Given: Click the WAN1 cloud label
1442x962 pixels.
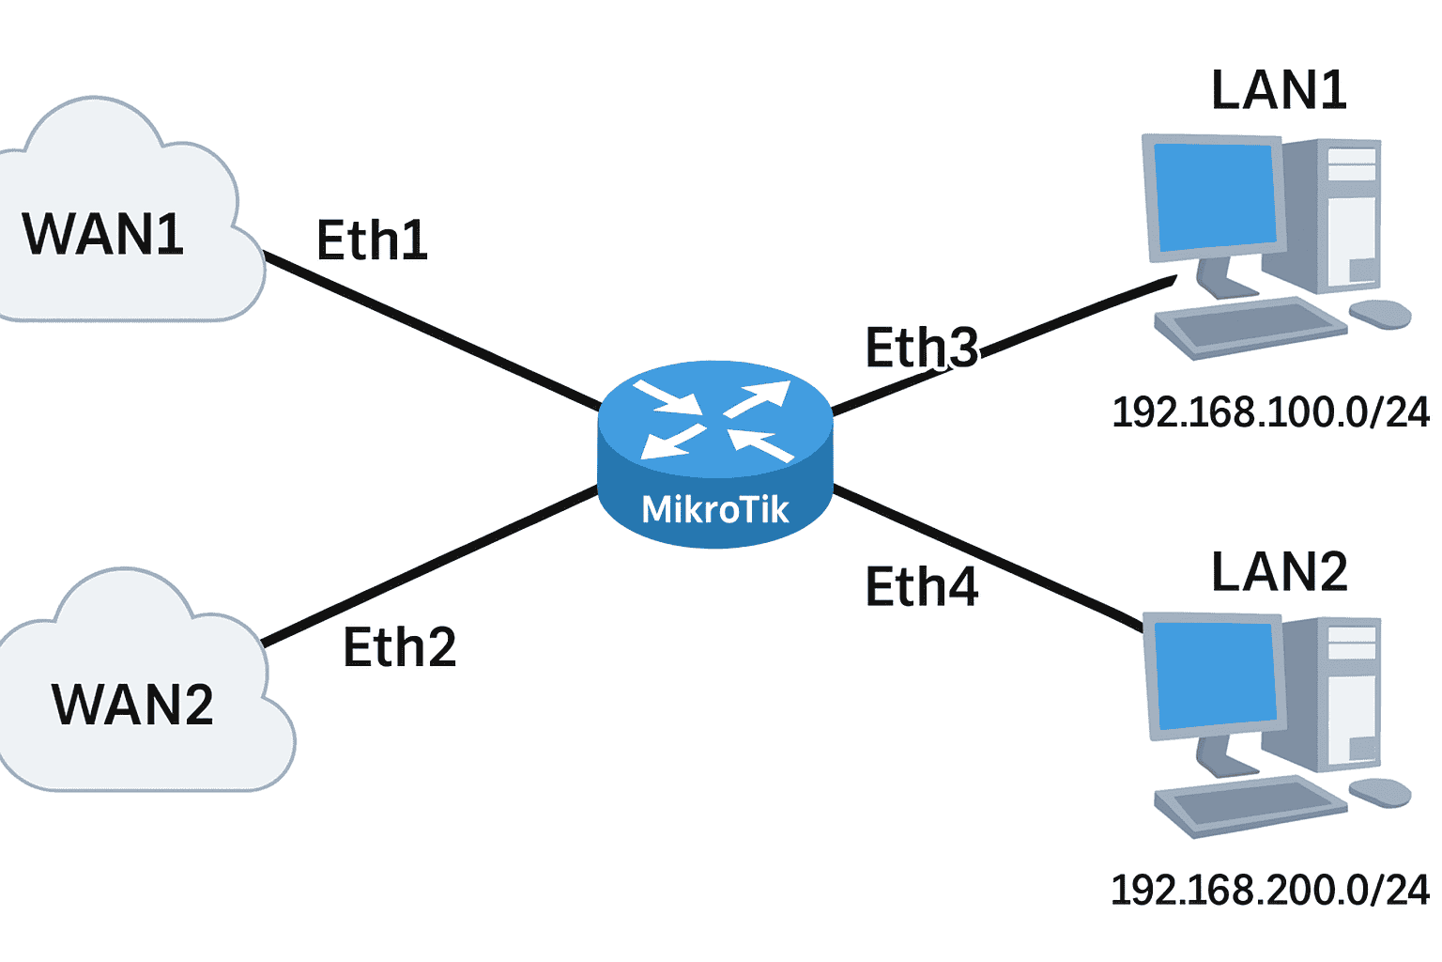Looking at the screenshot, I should point(102,234).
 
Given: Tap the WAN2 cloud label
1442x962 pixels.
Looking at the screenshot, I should point(132,705).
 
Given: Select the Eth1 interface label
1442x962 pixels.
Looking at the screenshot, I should point(372,240).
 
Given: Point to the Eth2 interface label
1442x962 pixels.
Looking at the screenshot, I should point(399,647).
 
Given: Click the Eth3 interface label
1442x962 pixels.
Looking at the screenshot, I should point(921,349).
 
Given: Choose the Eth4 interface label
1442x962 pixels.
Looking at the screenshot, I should point(921,587).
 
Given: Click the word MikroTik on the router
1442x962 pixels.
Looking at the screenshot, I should point(714,509).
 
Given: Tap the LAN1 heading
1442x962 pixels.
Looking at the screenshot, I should point(1279,91).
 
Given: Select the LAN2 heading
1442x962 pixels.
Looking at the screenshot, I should point(1279,572).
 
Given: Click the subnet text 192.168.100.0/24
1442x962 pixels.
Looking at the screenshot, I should point(1270,412).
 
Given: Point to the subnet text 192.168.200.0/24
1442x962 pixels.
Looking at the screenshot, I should point(1270,890).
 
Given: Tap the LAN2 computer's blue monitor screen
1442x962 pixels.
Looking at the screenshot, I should point(1216,675).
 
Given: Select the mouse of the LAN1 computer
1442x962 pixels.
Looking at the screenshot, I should point(1380,314).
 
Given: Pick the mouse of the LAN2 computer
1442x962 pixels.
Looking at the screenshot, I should point(1380,792).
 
